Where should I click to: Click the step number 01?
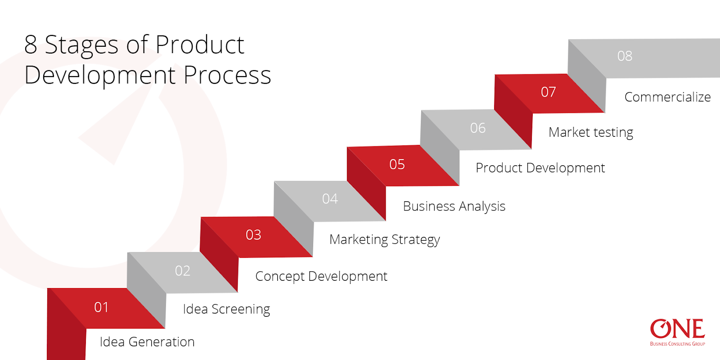pyautogui.click(x=101, y=307)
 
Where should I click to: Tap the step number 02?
pyautogui.click(x=183, y=271)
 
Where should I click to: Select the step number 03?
pyautogui.click(x=253, y=235)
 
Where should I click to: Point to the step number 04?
pyautogui.click(x=330, y=199)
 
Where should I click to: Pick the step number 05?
pyautogui.click(x=397, y=164)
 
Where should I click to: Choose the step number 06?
pyautogui.click(x=478, y=128)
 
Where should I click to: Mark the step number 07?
pyautogui.click(x=549, y=92)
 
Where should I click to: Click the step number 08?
pyautogui.click(x=625, y=56)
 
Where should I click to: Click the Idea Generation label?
pyautogui.click(x=147, y=342)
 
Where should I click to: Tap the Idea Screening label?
pyautogui.click(x=226, y=309)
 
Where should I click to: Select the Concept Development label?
pyautogui.click(x=321, y=276)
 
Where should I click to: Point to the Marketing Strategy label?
pyautogui.click(x=385, y=240)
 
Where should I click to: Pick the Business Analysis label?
pyautogui.click(x=454, y=207)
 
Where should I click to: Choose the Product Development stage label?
pyautogui.click(x=540, y=168)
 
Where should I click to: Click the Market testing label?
pyautogui.click(x=591, y=133)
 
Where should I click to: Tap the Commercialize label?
pyautogui.click(x=667, y=97)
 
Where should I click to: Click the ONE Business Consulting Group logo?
pyautogui.click(x=677, y=332)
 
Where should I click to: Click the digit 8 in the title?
pyautogui.click(x=31, y=45)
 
